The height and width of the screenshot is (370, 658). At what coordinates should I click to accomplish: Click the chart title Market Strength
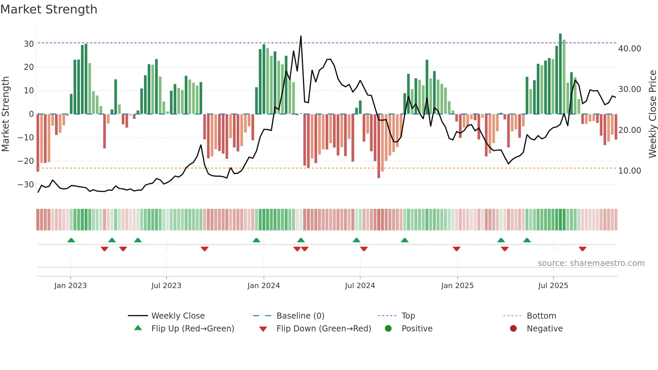click(49, 9)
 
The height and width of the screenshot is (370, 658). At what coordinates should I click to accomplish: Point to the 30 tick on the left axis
click(29, 44)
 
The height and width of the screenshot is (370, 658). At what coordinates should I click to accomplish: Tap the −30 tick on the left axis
click(26, 184)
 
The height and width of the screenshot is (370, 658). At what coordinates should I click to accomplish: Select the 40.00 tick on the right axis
click(629, 48)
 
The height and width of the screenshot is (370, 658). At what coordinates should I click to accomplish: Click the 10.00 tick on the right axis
click(629, 171)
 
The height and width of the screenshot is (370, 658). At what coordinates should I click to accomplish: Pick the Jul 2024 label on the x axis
click(360, 285)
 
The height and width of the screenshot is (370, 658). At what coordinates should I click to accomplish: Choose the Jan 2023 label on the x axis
click(70, 285)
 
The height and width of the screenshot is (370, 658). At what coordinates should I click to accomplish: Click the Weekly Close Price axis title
click(652, 114)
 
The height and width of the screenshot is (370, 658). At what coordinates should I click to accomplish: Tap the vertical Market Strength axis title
click(5, 114)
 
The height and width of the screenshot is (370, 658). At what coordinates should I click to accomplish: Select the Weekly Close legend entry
click(178, 316)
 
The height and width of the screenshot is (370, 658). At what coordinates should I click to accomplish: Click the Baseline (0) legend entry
click(300, 316)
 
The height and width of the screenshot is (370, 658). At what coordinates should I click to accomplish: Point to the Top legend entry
click(408, 316)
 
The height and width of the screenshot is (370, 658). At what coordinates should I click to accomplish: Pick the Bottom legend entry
click(541, 316)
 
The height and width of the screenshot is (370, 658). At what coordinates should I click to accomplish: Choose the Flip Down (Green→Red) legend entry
click(323, 328)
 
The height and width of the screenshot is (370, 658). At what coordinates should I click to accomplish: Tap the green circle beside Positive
click(388, 328)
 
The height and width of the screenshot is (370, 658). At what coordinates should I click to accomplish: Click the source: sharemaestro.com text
click(591, 263)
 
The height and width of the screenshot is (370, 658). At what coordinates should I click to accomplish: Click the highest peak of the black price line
click(301, 36)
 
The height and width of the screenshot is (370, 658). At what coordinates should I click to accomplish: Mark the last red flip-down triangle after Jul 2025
click(582, 249)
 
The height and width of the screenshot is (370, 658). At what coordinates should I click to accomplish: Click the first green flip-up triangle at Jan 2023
click(71, 240)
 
